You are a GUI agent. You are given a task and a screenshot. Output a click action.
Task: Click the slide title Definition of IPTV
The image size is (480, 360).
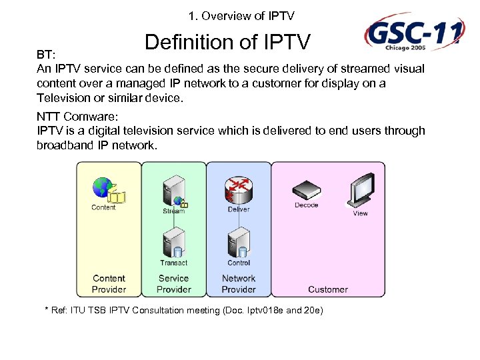[x=228, y=43]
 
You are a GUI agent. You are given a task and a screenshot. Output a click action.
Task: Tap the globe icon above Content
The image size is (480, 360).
[x=103, y=187]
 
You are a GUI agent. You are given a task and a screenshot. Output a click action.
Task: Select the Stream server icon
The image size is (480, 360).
[x=173, y=190]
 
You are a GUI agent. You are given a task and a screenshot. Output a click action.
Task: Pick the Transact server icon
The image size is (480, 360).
[x=173, y=242]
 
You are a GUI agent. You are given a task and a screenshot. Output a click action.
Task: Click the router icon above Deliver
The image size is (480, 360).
[x=238, y=189]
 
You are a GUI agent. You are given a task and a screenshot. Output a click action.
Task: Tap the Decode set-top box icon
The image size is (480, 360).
[x=306, y=190]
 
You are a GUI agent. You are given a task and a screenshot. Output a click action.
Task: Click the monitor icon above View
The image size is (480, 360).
[x=361, y=191]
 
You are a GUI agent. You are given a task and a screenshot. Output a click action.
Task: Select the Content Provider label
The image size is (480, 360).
[x=109, y=284]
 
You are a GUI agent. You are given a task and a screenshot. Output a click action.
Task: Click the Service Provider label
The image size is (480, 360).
[x=173, y=284]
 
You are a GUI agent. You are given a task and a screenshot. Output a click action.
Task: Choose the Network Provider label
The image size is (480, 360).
[x=239, y=284]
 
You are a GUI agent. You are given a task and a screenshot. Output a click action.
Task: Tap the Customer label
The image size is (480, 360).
[x=327, y=289]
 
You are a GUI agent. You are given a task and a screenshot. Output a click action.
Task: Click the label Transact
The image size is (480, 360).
[x=173, y=263]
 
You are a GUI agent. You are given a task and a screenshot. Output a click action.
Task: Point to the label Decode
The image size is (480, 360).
[x=306, y=205]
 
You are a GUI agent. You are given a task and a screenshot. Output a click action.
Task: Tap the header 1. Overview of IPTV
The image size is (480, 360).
[x=241, y=15]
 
